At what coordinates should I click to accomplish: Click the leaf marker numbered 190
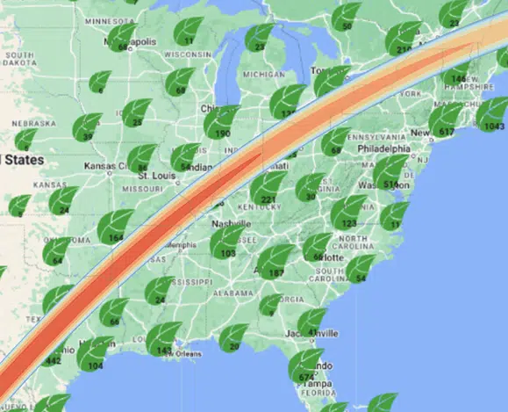point(221,122)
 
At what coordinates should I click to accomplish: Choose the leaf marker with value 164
point(115,227)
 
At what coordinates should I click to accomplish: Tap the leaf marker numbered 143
point(163,339)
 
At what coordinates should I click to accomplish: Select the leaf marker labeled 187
point(278,262)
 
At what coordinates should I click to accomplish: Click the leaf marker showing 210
point(403,40)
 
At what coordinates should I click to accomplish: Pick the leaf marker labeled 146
point(456,69)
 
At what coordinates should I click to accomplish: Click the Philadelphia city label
point(384,148)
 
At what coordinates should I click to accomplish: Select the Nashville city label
point(230,223)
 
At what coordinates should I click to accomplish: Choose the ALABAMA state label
point(231,293)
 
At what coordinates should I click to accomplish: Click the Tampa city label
point(318,384)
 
